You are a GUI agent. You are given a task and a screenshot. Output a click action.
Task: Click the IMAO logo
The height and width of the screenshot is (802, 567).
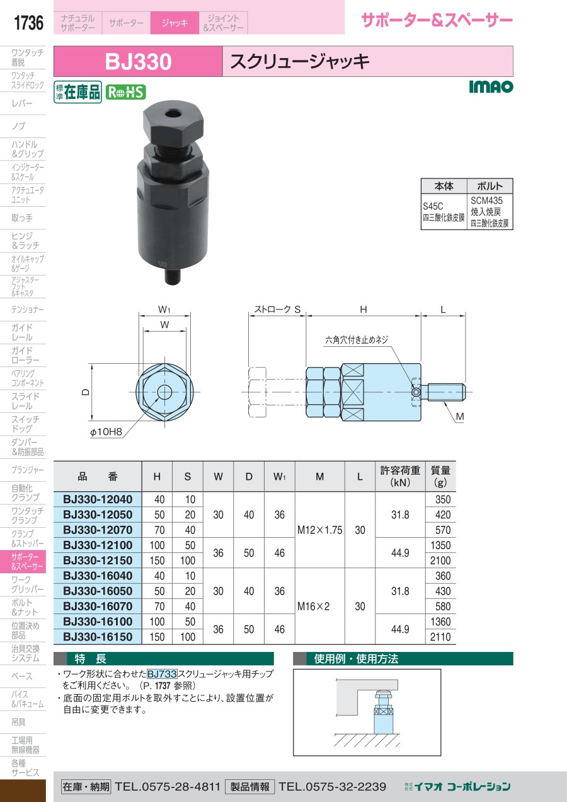pos(491,86)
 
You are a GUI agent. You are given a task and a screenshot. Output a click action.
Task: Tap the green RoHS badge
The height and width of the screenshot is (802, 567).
pos(126,92)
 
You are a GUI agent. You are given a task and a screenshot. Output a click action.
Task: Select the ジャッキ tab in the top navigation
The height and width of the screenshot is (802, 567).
pos(175,23)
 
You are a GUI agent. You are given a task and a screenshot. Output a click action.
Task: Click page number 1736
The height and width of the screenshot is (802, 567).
pos(28,23)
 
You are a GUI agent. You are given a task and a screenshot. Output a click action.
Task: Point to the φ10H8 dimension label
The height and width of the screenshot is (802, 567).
pos(106,432)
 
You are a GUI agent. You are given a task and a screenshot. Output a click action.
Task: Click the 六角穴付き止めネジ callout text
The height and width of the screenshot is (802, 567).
pos(357,340)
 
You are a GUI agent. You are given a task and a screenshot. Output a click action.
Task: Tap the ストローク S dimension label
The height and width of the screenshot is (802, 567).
pos(277,310)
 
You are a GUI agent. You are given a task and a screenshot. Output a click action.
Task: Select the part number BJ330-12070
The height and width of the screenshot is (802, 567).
pos(98,530)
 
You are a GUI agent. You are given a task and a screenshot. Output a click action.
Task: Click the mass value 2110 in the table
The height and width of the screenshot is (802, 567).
pos(440,637)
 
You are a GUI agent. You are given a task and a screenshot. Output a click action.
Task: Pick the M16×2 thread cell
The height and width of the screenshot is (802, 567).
pos(313,607)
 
